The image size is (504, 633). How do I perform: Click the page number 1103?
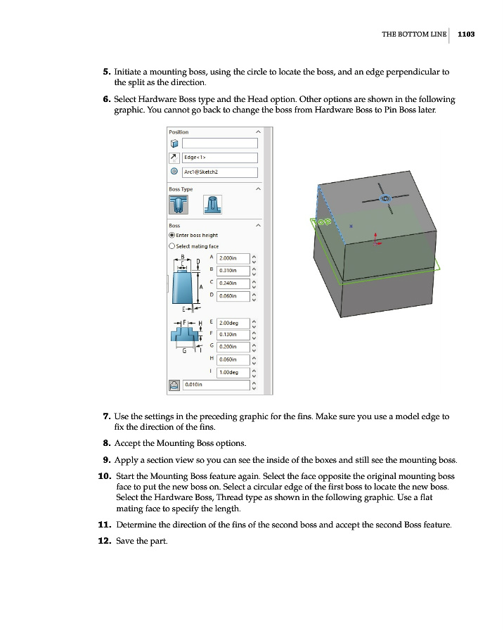tap(466, 34)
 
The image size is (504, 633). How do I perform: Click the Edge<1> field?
tap(219, 158)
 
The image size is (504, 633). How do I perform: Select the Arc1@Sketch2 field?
tap(219, 172)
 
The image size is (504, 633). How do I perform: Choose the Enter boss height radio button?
tap(172, 235)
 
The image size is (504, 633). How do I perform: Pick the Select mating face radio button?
tap(172, 246)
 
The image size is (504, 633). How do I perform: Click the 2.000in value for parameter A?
tap(233, 258)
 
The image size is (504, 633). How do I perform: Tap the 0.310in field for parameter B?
tap(233, 270)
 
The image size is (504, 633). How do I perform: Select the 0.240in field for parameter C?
tap(233, 283)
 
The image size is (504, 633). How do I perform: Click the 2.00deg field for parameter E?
tap(233, 322)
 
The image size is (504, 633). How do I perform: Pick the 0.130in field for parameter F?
tap(233, 334)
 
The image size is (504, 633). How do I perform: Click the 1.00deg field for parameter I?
tap(233, 372)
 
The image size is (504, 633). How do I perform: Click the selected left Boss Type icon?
tap(179, 205)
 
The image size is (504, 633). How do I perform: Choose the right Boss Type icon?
tap(212, 205)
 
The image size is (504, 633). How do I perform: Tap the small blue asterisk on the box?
tap(351, 227)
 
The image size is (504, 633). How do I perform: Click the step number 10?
tap(104, 476)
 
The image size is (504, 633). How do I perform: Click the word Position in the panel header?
tap(179, 132)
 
